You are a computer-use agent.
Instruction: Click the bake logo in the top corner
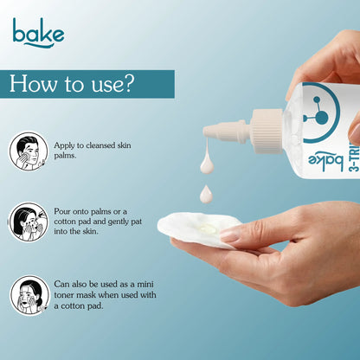(38, 32)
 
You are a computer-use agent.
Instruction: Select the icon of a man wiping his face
(29, 151)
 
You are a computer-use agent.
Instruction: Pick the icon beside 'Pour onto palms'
(29, 222)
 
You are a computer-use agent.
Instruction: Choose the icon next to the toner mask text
(29, 295)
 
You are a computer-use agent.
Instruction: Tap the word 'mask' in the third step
(86, 295)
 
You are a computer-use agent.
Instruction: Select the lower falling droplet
(206, 194)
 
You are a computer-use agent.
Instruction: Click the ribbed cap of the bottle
(267, 132)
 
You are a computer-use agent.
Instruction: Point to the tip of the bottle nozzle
(204, 132)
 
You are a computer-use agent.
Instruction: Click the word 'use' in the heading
(104, 86)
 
